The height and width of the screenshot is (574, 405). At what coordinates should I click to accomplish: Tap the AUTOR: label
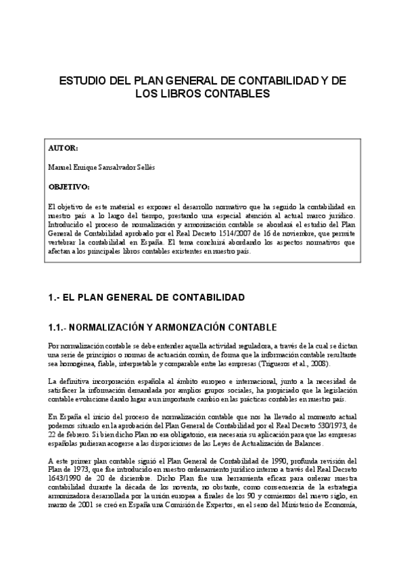tap(64, 148)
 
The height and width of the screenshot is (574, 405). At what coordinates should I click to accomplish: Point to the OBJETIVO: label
tap(69, 185)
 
